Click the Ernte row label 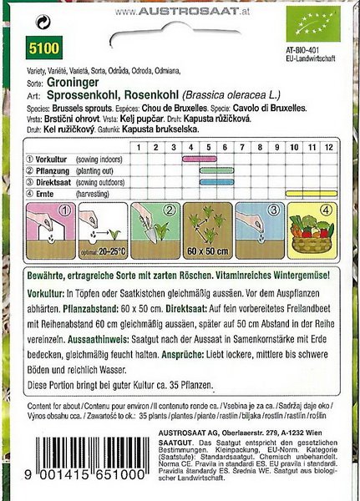[x=40, y=191]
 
